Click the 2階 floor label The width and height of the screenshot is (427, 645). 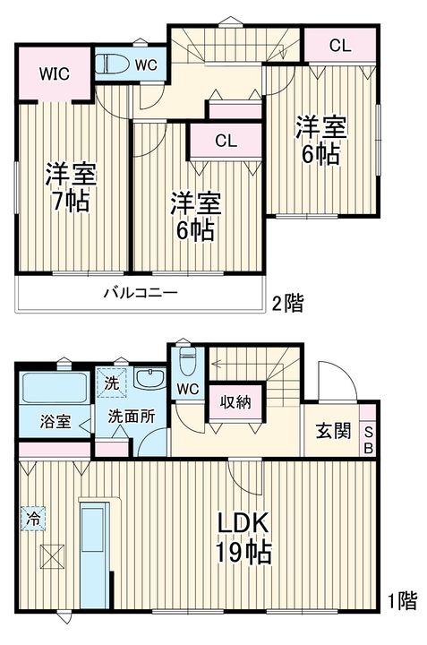(286, 305)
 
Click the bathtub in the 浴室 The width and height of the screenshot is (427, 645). (54, 389)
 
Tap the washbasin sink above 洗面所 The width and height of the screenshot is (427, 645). (152, 379)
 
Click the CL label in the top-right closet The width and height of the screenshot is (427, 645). (338, 46)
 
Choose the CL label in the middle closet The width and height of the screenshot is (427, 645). (226, 141)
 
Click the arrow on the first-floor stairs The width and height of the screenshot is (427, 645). (217, 364)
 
